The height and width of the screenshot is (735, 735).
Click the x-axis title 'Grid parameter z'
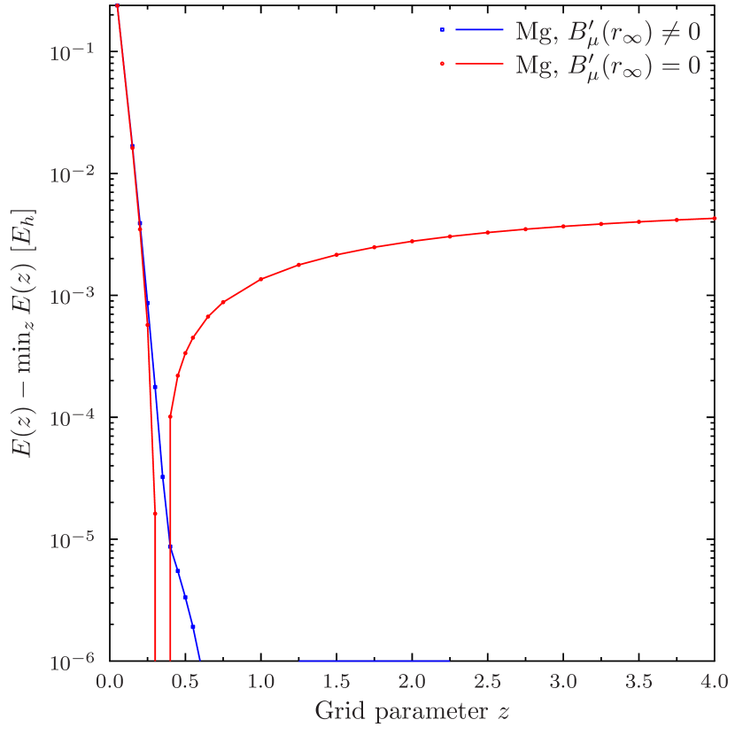pos(412,711)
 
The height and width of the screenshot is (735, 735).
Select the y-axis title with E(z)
pos(23,332)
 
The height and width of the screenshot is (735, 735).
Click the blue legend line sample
pos(479,31)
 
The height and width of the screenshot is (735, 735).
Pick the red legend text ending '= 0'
pos(608,65)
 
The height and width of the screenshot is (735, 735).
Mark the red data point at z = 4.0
pos(715,218)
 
